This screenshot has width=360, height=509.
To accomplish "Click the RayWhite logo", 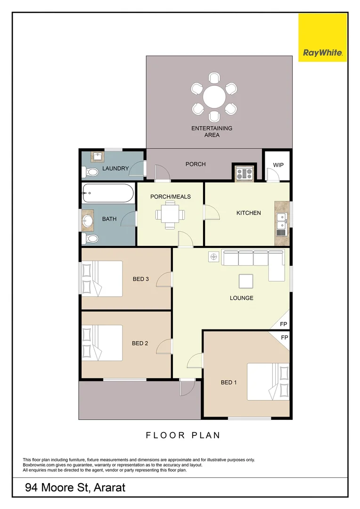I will [x=323, y=37].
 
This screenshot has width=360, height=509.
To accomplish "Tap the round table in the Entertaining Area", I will [x=214, y=98].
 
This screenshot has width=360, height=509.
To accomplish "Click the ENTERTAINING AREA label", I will [x=212, y=131].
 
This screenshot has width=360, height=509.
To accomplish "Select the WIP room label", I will [x=278, y=165].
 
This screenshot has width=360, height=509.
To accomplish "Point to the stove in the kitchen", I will [x=244, y=173].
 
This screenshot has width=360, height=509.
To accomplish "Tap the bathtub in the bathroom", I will [x=108, y=193].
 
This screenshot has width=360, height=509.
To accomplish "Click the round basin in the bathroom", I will [x=88, y=220].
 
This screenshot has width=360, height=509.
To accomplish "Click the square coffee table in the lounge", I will [x=245, y=281].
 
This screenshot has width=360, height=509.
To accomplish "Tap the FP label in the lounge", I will [x=284, y=324].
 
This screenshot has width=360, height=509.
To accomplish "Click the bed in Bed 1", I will [x=268, y=381].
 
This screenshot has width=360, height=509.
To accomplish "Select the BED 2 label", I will [x=140, y=343].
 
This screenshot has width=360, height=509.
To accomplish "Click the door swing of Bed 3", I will [x=164, y=279].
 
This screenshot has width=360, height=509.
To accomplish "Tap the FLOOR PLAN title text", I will [x=183, y=435].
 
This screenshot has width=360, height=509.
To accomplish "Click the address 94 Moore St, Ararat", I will [x=75, y=487].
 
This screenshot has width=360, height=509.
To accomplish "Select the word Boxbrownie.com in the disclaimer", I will [x=39, y=465].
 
